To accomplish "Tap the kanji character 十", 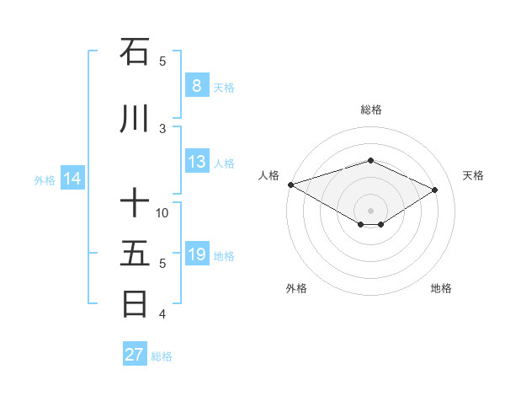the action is tap(135, 203).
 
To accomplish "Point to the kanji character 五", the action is tap(135, 254).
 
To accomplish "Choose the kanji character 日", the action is tap(135, 304).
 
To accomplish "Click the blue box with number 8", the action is tap(196, 86).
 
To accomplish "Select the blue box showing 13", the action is tap(196, 162).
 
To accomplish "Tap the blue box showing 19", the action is tap(196, 254).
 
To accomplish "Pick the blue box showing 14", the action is tap(72, 179).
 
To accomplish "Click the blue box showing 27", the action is tap(135, 355).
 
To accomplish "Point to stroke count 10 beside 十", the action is tap(162, 213).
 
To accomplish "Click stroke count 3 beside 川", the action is tap(162, 129).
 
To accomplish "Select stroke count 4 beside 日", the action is tap(162, 314).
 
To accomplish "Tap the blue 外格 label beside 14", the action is tap(45, 179).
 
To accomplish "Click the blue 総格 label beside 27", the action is tap(162, 356).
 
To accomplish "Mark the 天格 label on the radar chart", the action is tap(473, 175).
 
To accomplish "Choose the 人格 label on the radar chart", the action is tap(269, 175).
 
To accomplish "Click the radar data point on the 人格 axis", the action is tap(290, 185).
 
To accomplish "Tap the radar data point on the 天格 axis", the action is tap(435, 190).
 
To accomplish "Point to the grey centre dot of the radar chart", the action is tap(370, 210).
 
